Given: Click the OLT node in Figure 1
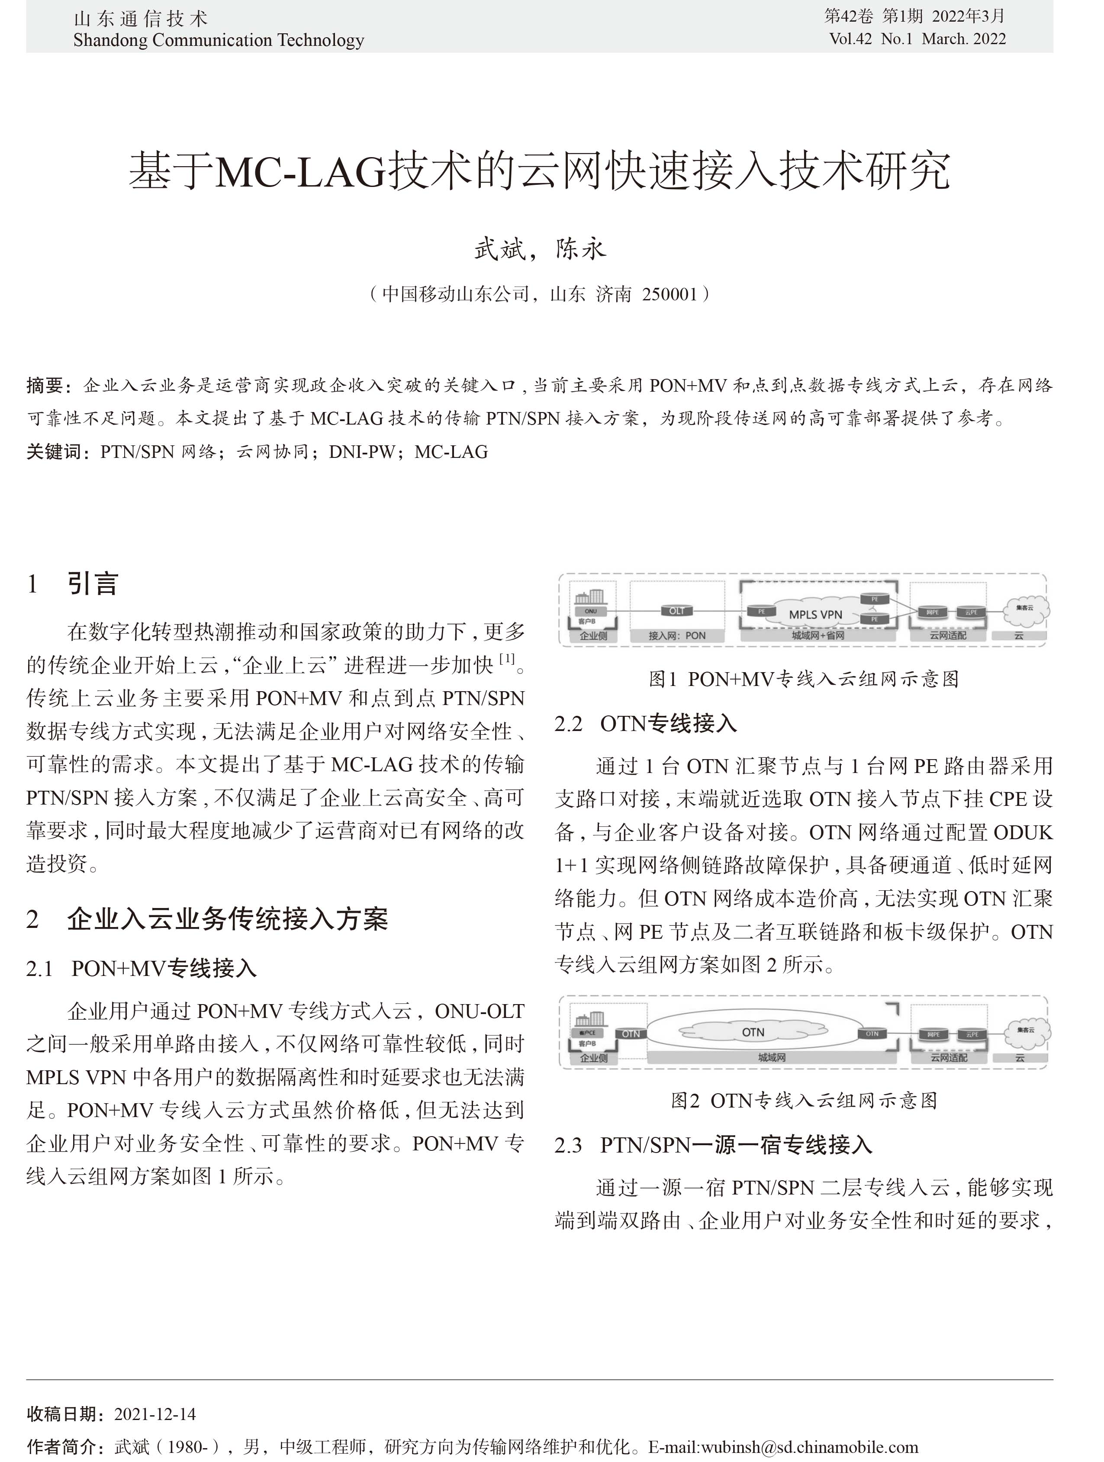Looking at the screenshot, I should [676, 611].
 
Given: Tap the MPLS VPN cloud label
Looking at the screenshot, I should [815, 614].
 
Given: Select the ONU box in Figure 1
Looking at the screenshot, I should [590, 612].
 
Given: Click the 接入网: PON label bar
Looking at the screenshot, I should [676, 636].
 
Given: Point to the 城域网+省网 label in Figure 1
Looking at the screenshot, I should [818, 636].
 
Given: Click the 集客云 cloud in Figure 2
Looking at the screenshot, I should [1025, 1030].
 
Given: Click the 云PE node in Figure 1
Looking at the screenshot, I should [971, 612].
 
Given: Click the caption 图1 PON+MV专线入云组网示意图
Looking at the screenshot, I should [803, 679].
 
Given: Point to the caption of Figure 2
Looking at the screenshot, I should [803, 1101].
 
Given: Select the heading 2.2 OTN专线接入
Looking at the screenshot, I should [645, 724].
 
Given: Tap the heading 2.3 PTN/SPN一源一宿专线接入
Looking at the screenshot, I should [713, 1145].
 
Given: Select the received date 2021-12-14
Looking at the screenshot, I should [154, 1414].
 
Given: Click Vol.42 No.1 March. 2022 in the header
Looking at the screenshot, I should [917, 39].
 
